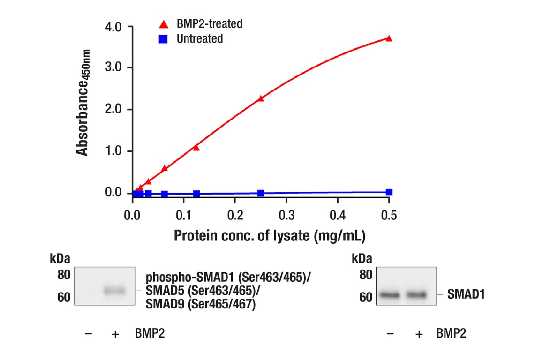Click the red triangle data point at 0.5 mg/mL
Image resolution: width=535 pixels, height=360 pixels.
pos(389,38)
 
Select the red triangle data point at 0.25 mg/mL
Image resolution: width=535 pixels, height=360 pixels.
pos(261,98)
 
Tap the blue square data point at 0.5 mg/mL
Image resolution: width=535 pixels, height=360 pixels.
pos(389,192)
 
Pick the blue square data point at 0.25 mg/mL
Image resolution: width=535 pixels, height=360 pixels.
pos(261,193)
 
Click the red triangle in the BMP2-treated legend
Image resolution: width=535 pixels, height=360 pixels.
pos(163,24)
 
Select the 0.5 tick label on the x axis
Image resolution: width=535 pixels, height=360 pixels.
pos(389,215)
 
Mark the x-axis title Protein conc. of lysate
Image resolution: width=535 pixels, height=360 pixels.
pos(269,235)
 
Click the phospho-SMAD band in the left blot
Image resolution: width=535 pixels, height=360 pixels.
pos(115,291)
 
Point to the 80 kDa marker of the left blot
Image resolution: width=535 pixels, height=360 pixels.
pos(64,275)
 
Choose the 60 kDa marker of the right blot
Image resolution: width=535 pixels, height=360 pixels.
pos(365,297)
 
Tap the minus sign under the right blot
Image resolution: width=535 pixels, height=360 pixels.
pos(390,334)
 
